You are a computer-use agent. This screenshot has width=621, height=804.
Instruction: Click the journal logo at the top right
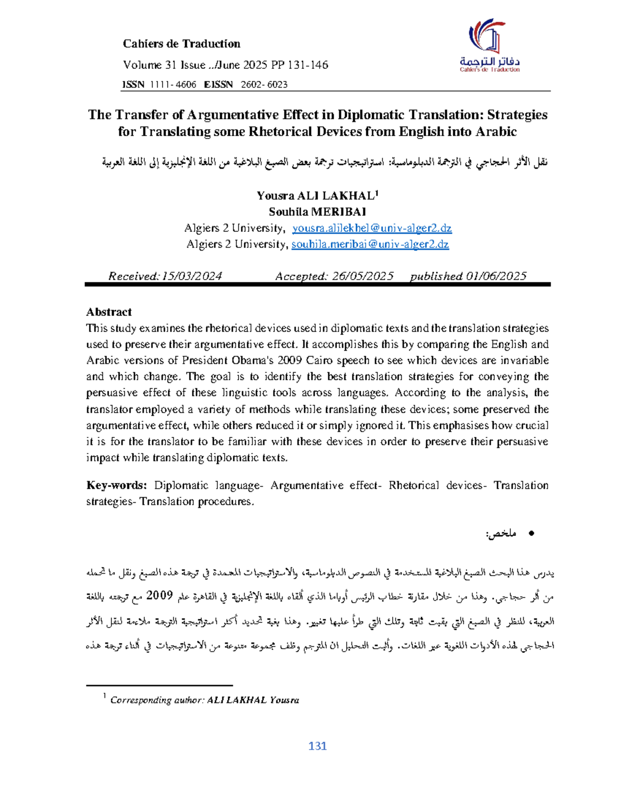[490, 45]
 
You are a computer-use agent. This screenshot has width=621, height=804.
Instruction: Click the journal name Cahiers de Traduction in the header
[181, 44]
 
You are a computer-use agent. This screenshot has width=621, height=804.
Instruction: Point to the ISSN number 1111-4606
[173, 84]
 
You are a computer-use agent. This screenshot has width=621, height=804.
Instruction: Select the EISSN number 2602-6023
[264, 84]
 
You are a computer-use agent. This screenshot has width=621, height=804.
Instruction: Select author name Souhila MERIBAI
[317, 212]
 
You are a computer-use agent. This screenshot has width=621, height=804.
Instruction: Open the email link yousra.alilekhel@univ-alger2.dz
[372, 228]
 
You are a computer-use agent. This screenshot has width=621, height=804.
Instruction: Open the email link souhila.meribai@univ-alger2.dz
[370, 244]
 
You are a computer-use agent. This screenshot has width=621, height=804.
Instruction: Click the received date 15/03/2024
[192, 276]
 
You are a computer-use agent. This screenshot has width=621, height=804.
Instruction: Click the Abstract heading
[109, 312]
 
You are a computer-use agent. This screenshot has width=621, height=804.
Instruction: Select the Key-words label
[116, 486]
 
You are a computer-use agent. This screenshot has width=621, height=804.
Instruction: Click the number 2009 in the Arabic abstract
[159, 595]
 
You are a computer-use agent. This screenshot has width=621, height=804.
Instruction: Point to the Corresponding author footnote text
[204, 700]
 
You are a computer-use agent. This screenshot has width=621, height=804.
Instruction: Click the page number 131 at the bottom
[317, 746]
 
